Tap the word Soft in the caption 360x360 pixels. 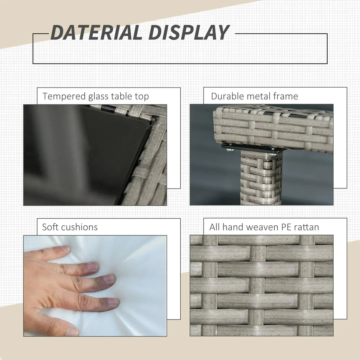pyautogui.click(x=50, y=227)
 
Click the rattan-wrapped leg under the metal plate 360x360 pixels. pyautogui.click(x=261, y=178)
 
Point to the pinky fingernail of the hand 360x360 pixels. pyautogui.click(x=66, y=248)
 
